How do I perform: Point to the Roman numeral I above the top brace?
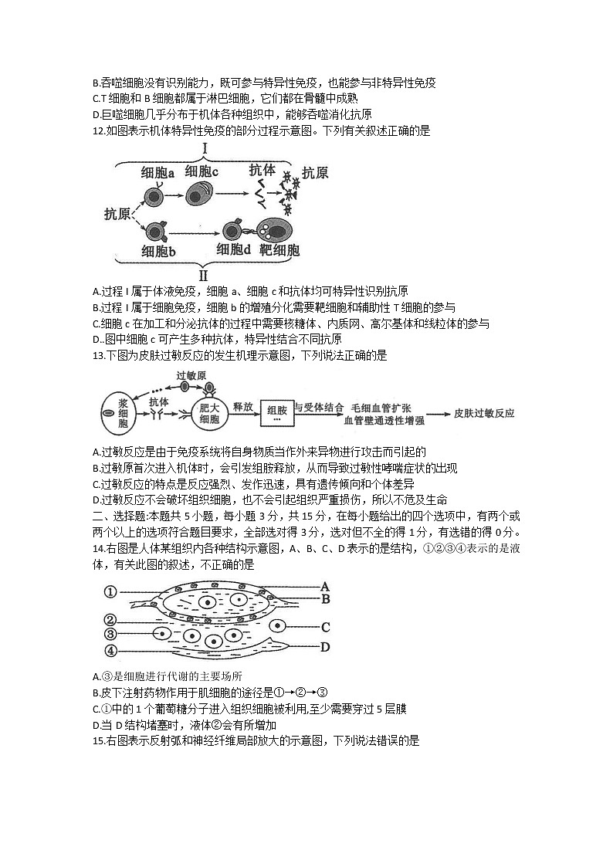(206, 147)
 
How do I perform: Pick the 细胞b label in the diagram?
(159, 251)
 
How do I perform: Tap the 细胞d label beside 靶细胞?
(234, 249)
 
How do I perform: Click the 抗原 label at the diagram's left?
(117, 214)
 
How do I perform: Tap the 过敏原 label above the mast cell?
(191, 375)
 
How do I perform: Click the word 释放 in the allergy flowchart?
(243, 405)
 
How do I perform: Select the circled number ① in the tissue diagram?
(110, 592)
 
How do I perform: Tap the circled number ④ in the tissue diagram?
(110, 649)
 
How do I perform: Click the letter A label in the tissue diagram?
(325, 586)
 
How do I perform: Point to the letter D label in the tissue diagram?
(325, 647)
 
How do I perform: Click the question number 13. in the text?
(98, 355)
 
